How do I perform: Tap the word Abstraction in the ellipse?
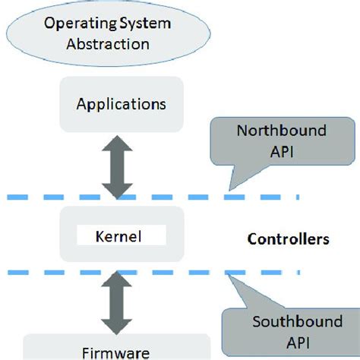click(118, 44)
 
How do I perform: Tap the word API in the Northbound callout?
click(280, 151)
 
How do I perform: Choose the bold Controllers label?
click(288, 239)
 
